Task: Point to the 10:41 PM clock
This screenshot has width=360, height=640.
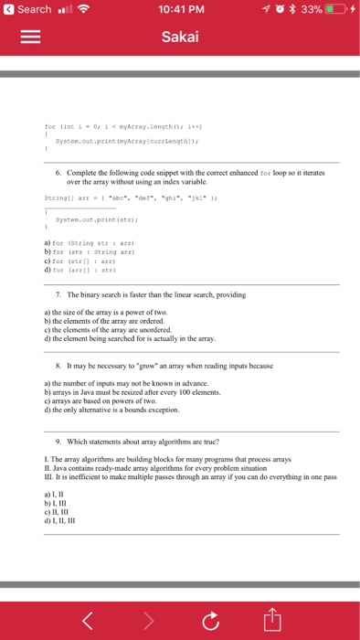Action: (x=179, y=10)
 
